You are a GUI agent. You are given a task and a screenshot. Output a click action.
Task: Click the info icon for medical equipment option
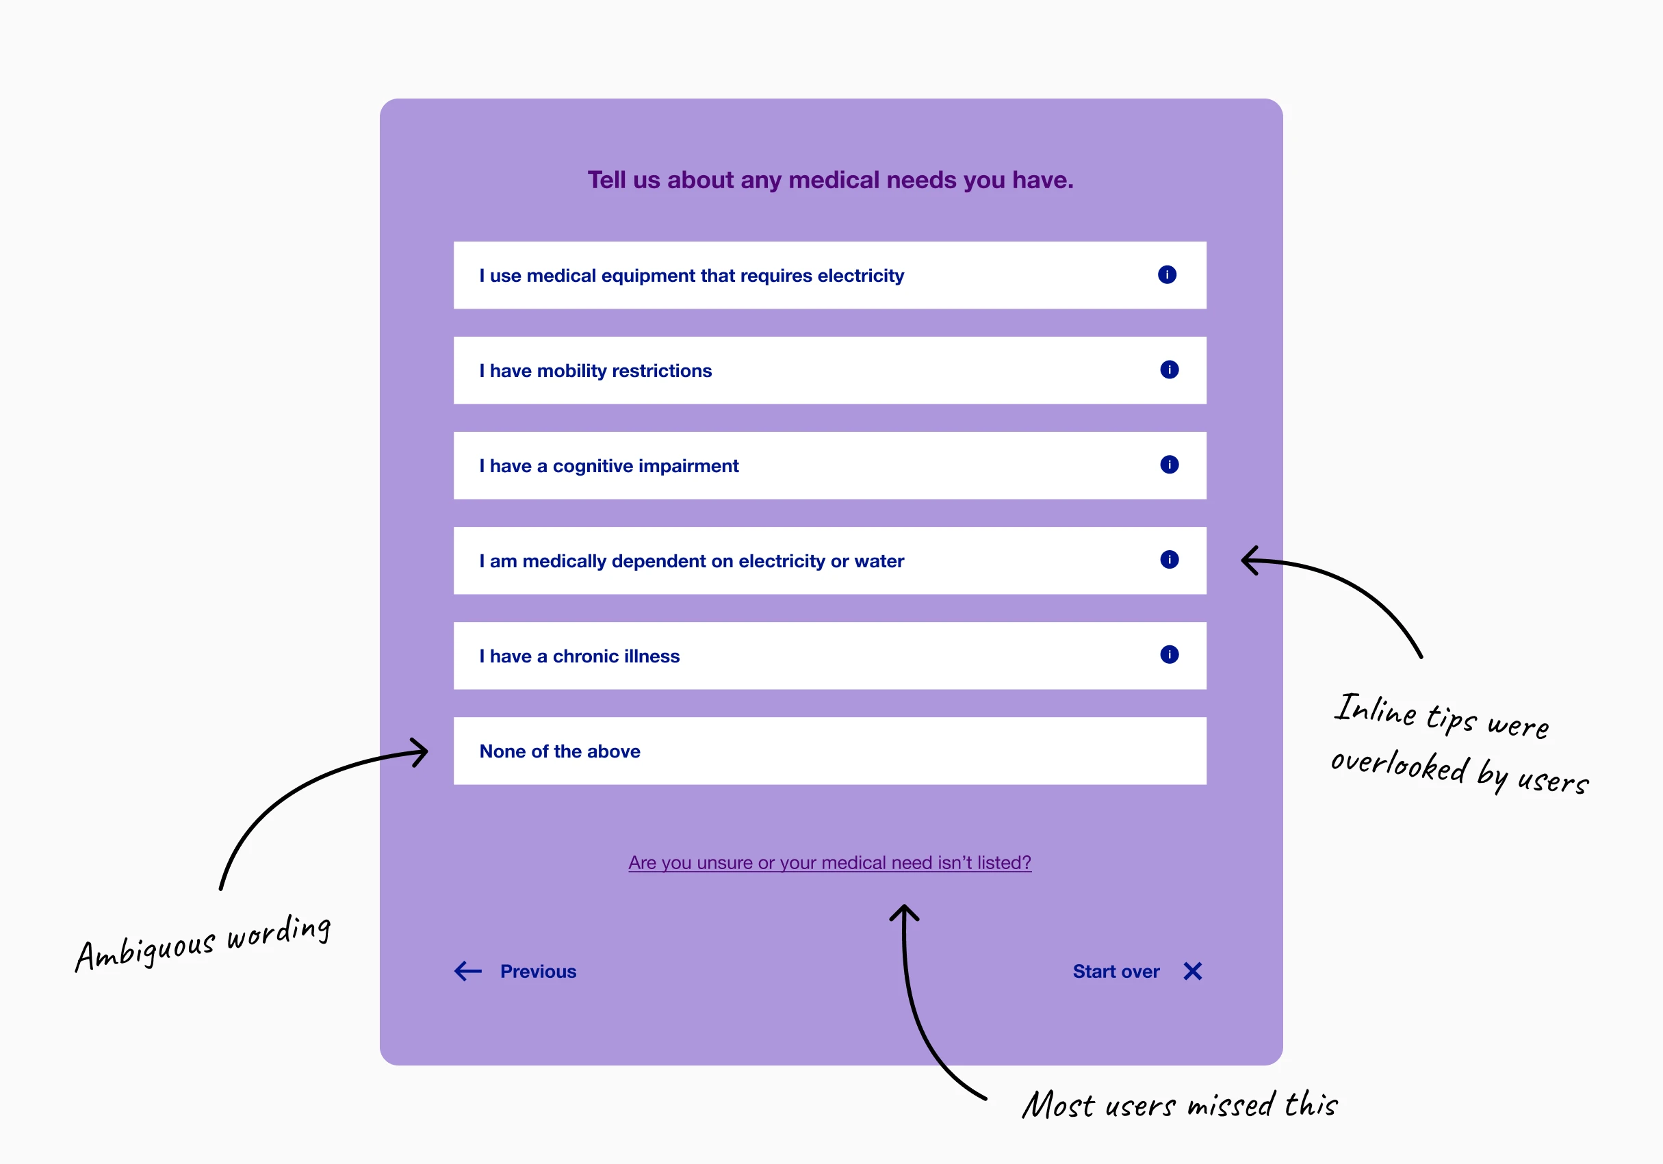[1167, 274]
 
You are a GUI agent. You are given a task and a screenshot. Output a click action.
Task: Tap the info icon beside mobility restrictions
[1169, 370]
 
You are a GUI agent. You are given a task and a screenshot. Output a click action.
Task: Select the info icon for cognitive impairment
[1169, 464]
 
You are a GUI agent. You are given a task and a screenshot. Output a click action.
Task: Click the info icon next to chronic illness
[1169, 655]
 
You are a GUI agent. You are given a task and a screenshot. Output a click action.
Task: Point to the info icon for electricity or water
[1169, 559]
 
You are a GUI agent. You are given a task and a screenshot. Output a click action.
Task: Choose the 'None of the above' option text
[560, 751]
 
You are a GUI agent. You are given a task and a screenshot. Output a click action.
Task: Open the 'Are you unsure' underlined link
[829, 863]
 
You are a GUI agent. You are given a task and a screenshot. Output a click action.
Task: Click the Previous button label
[538, 971]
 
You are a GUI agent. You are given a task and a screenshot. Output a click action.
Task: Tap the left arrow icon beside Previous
[468, 971]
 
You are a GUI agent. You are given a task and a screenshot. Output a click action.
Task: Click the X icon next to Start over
[1192, 971]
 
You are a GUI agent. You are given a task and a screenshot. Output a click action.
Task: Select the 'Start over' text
[1116, 971]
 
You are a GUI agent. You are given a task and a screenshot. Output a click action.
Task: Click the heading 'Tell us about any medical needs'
[830, 180]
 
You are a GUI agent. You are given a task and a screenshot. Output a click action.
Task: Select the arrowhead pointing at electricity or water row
[1249, 560]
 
